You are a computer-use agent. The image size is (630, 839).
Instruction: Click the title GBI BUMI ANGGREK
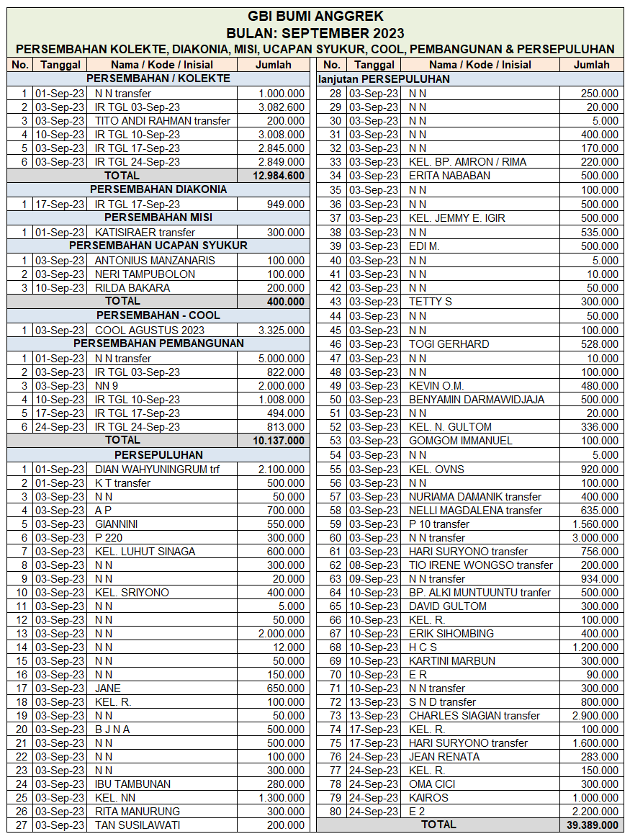pos(315,16)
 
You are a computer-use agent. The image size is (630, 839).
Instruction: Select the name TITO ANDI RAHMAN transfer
pos(163,121)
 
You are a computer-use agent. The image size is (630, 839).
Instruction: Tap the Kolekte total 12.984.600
pos(278,176)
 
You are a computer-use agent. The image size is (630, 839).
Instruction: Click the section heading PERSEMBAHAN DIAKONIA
pos(158,189)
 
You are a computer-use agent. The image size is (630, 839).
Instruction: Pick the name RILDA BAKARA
pos(132,288)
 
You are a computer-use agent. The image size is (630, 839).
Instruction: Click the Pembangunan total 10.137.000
pos(278,440)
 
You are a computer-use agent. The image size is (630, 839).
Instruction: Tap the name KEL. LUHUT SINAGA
pos(145,552)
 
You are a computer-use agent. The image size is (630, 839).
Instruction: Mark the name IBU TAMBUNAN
pos(133,784)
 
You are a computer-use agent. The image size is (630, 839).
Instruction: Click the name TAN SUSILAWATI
pos(138,825)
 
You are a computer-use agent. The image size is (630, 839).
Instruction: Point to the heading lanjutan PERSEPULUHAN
pos(384,79)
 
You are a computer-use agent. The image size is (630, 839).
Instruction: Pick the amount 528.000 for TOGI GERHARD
pos(599,344)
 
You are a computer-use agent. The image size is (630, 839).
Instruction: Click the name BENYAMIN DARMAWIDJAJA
pos(477,400)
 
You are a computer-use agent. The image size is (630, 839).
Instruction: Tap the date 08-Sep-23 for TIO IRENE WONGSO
pos(373,565)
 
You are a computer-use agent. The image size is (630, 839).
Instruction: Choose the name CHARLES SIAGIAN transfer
pos(474,716)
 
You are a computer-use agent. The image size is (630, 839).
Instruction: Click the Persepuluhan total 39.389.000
pos(592,825)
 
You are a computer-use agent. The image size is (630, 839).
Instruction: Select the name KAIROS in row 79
pos(428,798)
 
